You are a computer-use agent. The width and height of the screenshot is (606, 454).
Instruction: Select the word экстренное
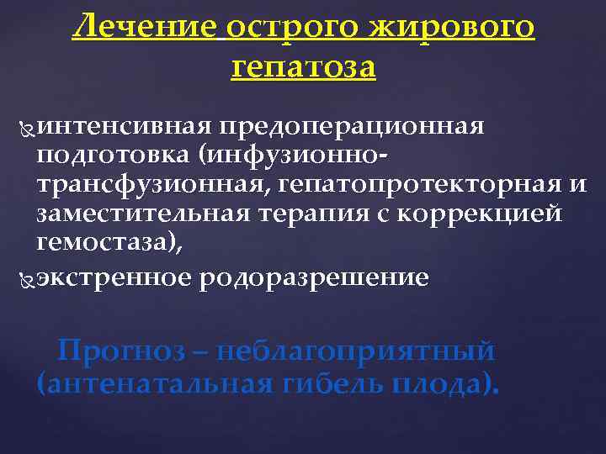coord(114,277)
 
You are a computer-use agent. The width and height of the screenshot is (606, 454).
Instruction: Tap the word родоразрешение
coord(314,277)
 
